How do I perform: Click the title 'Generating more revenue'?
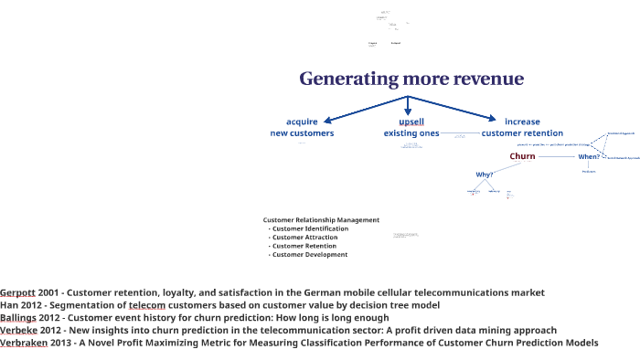point(411,79)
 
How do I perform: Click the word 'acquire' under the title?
point(302,122)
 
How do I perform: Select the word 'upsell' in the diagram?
point(411,122)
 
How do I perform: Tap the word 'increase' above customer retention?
point(522,122)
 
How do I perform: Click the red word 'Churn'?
point(522,156)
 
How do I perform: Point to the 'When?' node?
point(589,156)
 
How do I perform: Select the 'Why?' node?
point(485,175)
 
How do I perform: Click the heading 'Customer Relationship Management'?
point(321,220)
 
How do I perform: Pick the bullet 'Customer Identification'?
point(310,228)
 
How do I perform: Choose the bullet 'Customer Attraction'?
point(305,238)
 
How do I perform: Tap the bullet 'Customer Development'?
point(310,255)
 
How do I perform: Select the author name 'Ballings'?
point(18,318)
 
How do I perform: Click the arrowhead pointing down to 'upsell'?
point(408,111)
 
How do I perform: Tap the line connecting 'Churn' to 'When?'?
point(557,156)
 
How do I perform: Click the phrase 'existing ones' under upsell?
point(411,133)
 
